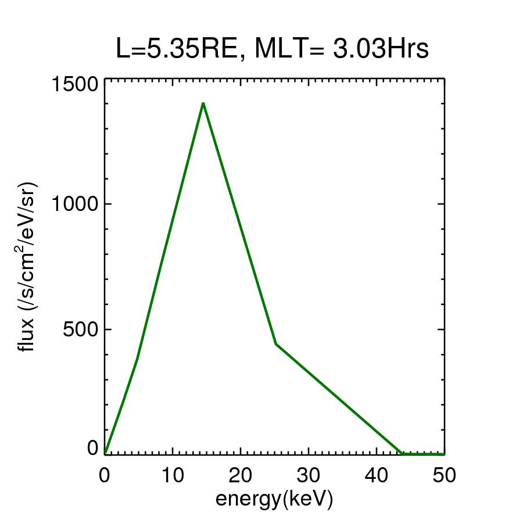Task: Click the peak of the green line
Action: point(203,103)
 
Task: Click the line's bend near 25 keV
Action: point(275,344)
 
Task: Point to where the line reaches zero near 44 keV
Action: point(402,453)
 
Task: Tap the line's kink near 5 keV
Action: point(137,360)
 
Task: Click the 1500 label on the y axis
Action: point(74,84)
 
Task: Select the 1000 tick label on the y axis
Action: point(74,204)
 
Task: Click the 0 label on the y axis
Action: point(92,448)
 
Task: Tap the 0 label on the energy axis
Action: point(105,475)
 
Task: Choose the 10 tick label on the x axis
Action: point(173,475)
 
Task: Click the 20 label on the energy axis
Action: point(241,475)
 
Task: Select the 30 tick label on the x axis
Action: point(309,475)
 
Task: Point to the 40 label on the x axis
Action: point(377,475)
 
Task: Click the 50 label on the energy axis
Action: point(444,475)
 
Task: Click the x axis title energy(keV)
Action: point(274,499)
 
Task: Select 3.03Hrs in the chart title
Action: point(381,49)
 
